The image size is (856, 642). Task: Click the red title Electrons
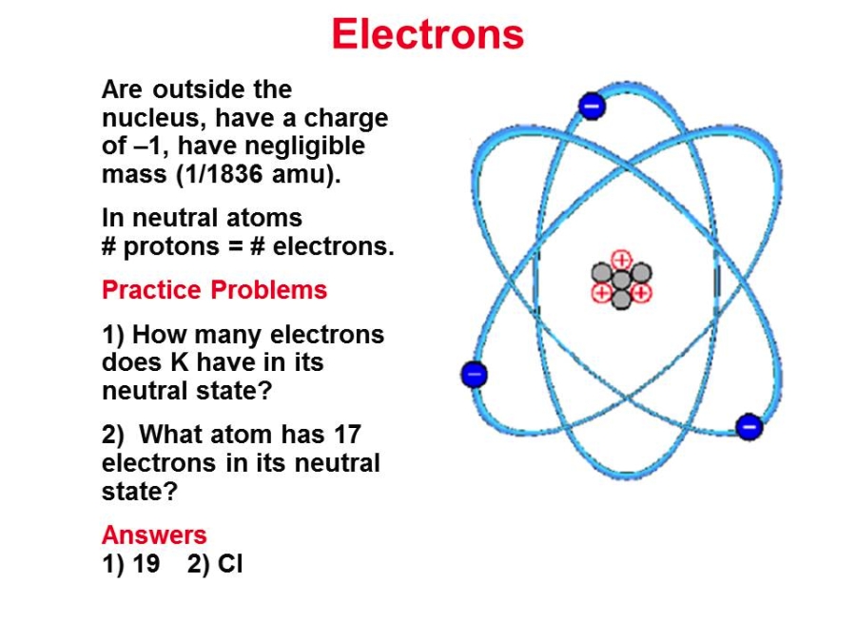click(427, 34)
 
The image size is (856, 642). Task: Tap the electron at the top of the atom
click(593, 106)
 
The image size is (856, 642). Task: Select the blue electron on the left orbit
click(474, 375)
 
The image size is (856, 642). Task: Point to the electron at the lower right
click(749, 426)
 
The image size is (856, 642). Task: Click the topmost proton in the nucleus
click(621, 260)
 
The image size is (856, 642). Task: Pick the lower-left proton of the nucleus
click(602, 293)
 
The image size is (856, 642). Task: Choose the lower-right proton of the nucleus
click(641, 293)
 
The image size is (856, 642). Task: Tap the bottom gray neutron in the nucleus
click(621, 300)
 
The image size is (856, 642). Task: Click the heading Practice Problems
click(215, 290)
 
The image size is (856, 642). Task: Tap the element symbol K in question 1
click(179, 362)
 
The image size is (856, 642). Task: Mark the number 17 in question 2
click(347, 435)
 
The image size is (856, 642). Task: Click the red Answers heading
click(154, 535)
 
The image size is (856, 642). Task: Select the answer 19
click(146, 563)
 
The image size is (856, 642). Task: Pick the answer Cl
click(230, 563)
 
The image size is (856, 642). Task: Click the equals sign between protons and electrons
click(235, 246)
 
